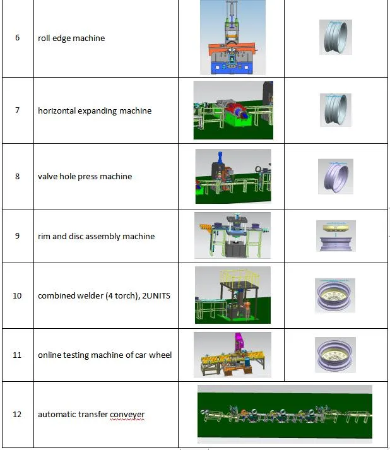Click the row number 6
click(x=17, y=38)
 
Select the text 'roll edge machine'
click(x=71, y=38)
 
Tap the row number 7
click(x=17, y=110)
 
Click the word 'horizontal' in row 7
click(x=57, y=110)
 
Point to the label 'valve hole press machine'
click(x=85, y=176)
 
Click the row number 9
click(x=17, y=235)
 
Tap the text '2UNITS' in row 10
click(x=156, y=295)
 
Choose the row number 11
click(x=17, y=355)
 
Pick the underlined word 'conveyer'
click(x=127, y=415)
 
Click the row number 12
click(x=17, y=415)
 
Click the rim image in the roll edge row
click(x=336, y=37)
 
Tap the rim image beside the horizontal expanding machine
click(x=336, y=110)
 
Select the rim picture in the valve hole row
click(x=336, y=176)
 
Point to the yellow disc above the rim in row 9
click(x=336, y=228)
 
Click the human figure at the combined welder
click(x=247, y=309)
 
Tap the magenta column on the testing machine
click(x=239, y=342)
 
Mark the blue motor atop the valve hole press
click(x=220, y=157)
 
